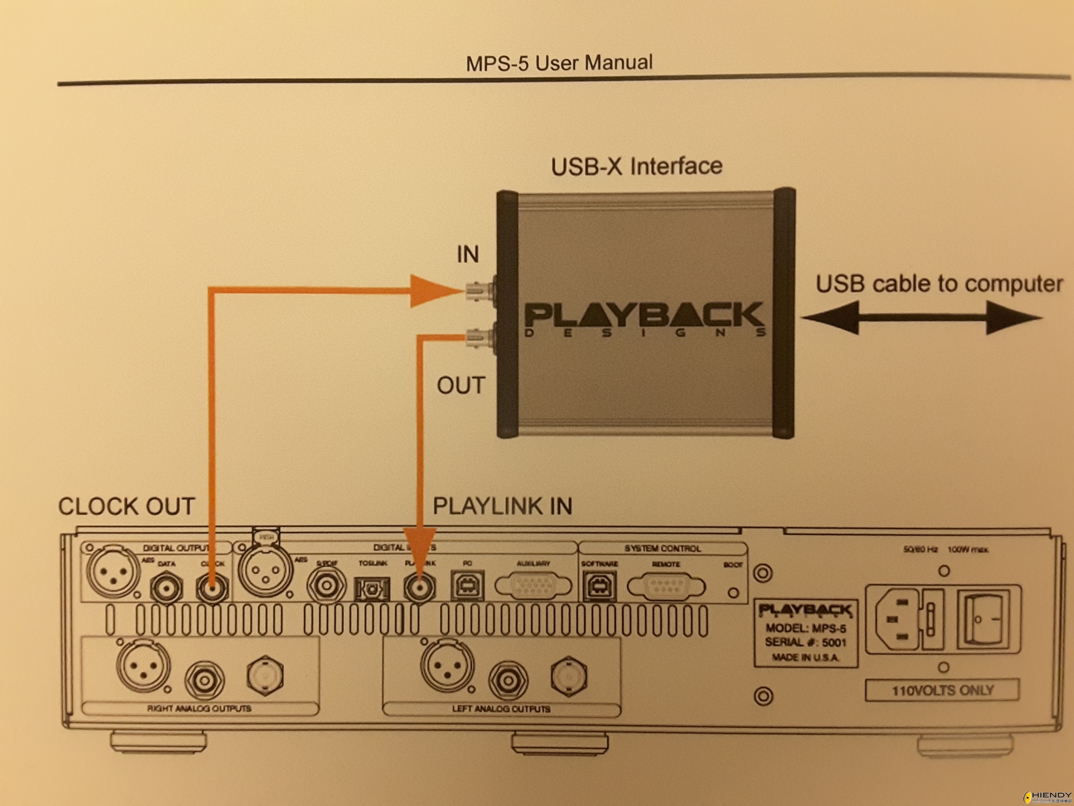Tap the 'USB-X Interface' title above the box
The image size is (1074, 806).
[636, 166]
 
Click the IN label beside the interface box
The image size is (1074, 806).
[468, 254]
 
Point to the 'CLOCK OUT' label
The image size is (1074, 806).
[126, 506]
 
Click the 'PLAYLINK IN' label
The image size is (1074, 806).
[502, 506]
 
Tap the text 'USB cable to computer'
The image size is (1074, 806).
[939, 284]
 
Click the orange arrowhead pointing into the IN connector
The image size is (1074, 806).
[432, 291]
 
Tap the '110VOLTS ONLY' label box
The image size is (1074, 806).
[942, 690]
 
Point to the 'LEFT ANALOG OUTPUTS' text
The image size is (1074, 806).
[501, 709]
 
